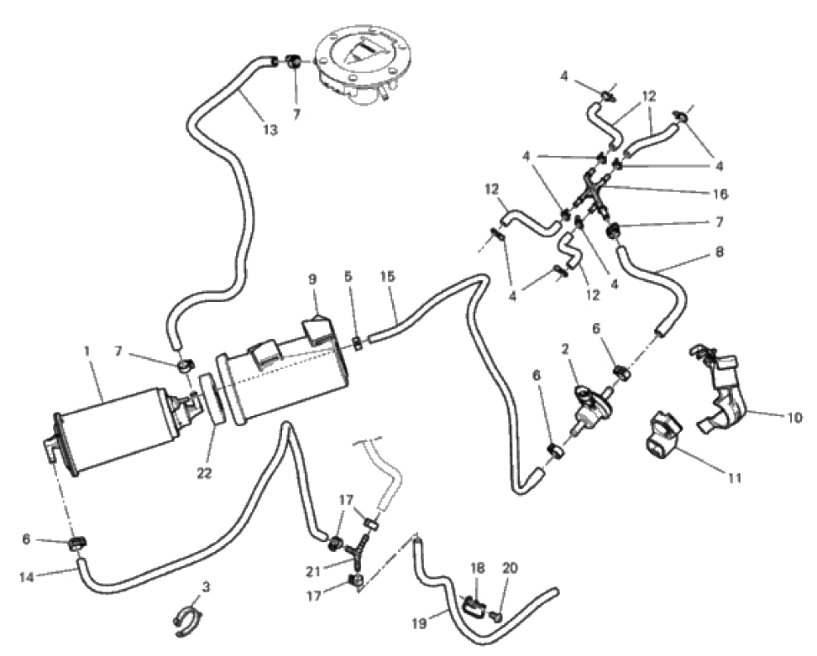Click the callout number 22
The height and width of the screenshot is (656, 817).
pyautogui.click(x=205, y=473)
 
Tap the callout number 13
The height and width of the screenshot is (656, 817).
pyautogui.click(x=270, y=129)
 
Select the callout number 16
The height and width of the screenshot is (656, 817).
pyautogui.click(x=720, y=194)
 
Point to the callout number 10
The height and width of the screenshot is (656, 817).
pyautogui.click(x=794, y=417)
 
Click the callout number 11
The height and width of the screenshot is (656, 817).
pyautogui.click(x=734, y=477)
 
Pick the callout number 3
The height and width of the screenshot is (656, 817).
pyautogui.click(x=207, y=588)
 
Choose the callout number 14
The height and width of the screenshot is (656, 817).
pyautogui.click(x=27, y=577)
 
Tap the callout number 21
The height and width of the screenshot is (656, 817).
pyautogui.click(x=312, y=571)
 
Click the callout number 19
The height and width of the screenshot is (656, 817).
pyautogui.click(x=420, y=622)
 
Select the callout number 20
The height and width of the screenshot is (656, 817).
pyautogui.click(x=511, y=567)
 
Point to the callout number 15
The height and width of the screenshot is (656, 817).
pyautogui.click(x=388, y=276)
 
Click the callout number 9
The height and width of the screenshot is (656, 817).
pyautogui.click(x=312, y=279)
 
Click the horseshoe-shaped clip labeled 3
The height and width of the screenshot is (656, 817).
pyautogui.click(x=188, y=622)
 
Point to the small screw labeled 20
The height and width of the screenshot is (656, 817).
pyautogui.click(x=495, y=617)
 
